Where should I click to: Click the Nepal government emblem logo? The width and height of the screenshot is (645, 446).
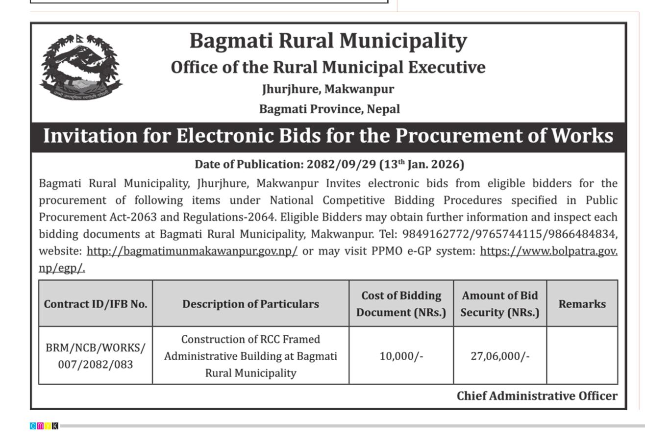click(81, 67)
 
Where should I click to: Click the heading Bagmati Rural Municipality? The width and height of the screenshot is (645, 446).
click(328, 41)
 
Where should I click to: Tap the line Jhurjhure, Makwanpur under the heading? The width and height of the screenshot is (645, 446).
click(328, 89)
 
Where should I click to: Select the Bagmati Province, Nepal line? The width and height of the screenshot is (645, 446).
click(329, 109)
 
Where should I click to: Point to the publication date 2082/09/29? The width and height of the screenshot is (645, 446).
click(341, 164)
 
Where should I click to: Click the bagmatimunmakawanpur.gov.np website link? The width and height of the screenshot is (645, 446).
click(192, 251)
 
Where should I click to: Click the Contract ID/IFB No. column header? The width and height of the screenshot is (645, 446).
click(96, 304)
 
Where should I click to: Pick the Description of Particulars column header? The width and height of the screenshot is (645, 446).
click(250, 304)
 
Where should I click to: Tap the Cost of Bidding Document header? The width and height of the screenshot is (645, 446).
click(401, 304)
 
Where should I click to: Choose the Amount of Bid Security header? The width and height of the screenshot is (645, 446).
click(499, 304)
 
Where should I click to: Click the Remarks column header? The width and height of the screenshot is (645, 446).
click(582, 304)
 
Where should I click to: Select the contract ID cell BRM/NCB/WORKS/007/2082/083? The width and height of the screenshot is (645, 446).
click(96, 356)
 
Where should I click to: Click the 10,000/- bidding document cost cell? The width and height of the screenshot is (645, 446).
click(401, 356)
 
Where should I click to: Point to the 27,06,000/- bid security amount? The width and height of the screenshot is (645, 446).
click(500, 356)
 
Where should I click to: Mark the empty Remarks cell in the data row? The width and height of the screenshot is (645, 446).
click(582, 356)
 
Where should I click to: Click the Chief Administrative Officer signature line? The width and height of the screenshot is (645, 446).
click(537, 396)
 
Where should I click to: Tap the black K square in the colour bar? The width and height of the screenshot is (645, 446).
click(55, 426)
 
